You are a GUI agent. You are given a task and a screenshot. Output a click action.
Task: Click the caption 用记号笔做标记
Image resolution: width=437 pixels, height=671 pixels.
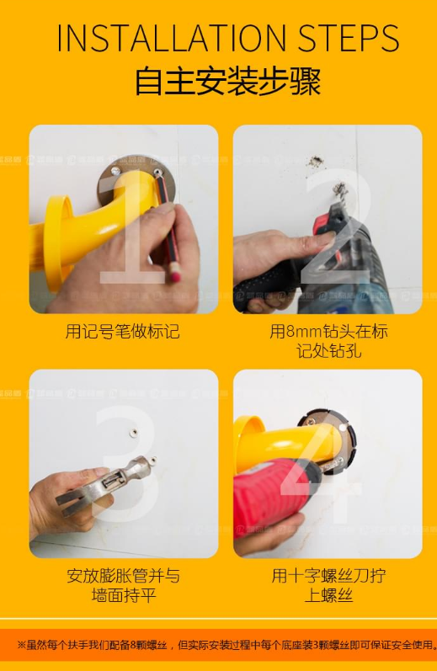pos(123,331)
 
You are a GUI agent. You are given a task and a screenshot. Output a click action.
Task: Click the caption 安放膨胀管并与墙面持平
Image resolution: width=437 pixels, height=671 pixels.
pos(123,586)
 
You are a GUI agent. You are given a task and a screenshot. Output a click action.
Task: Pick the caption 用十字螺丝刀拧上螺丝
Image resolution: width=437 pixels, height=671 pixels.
pos(328,586)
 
